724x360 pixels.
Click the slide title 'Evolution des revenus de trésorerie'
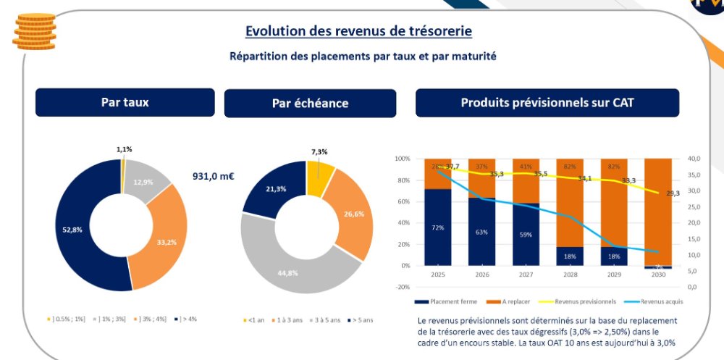pyautogui.click(x=358, y=31)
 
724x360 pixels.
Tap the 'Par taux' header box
pyautogui.click(x=125, y=102)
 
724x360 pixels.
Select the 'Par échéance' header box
pyautogui.click(x=310, y=103)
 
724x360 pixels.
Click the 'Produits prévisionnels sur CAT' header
pyautogui.click(x=547, y=103)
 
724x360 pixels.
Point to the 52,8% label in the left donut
pyautogui.click(x=72, y=230)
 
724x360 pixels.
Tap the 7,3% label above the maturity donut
pyautogui.click(x=319, y=152)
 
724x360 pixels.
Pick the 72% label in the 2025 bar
pyautogui.click(x=438, y=227)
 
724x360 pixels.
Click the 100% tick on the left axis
pyautogui.click(x=403, y=159)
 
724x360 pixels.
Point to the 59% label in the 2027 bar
pyautogui.click(x=526, y=235)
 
